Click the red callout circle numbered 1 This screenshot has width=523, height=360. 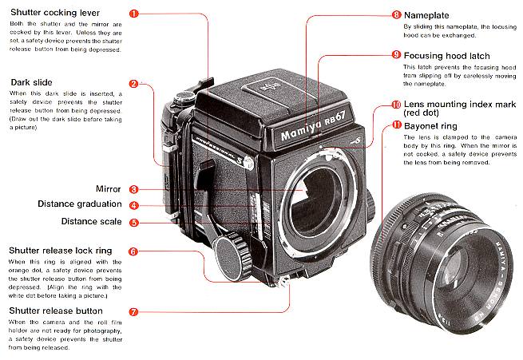click(133, 14)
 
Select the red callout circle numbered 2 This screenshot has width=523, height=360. click(133, 82)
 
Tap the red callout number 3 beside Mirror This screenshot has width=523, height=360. click(133, 189)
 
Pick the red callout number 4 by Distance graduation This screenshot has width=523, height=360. click(133, 204)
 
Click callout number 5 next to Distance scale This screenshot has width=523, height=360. click(133, 222)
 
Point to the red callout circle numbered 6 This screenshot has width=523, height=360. click(133, 251)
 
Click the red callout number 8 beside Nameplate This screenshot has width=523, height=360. click(397, 14)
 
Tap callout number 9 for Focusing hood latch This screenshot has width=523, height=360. click(397, 54)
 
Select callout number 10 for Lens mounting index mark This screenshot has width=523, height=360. click(397, 105)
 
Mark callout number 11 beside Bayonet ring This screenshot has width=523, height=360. click(397, 125)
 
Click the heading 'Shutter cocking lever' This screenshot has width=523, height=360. click(55, 14)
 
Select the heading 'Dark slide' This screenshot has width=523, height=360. click(32, 82)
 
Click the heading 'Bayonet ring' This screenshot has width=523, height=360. click(438, 125)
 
